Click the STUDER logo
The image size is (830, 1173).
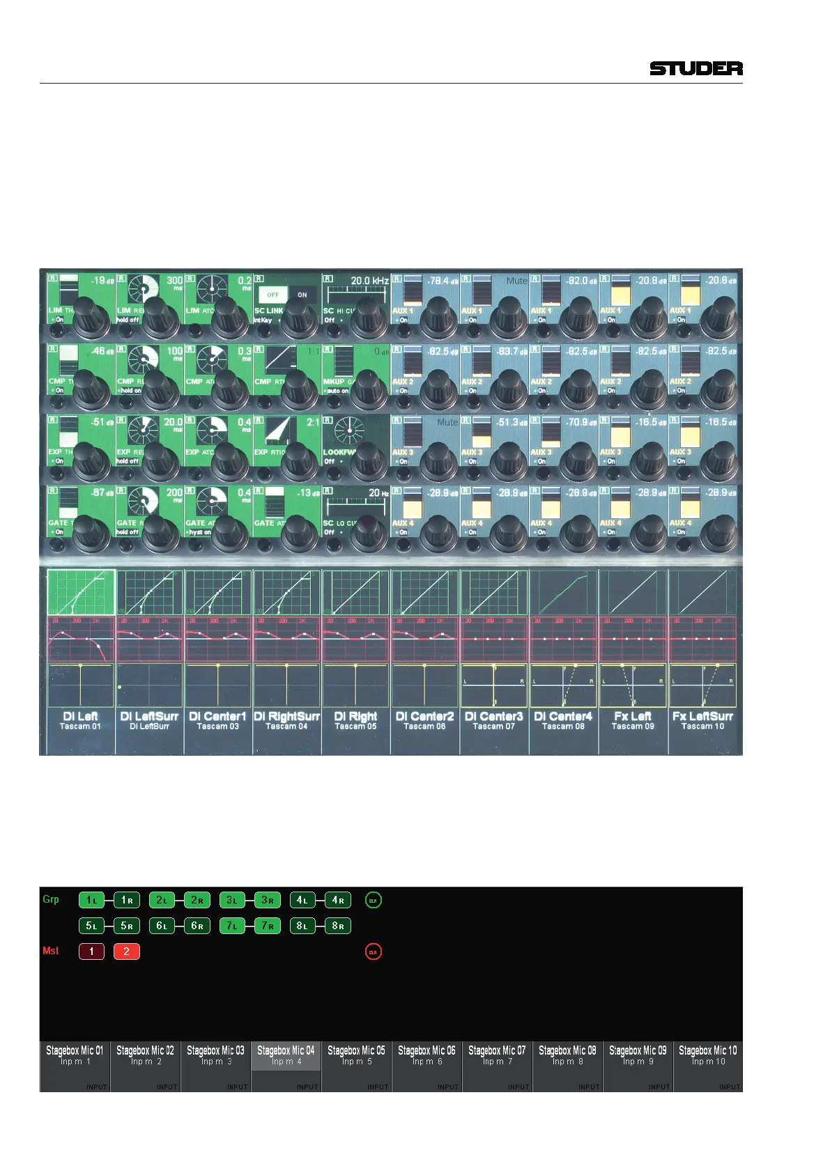click(695, 68)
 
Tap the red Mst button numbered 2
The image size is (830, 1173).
click(126, 951)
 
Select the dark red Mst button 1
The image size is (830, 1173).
click(91, 951)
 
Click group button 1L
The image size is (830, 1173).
click(91, 900)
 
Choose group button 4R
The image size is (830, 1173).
click(337, 900)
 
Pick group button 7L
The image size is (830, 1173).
click(232, 926)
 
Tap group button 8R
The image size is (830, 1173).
click(337, 926)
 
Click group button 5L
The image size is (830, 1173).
click(91, 926)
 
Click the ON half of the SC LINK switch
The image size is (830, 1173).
click(302, 295)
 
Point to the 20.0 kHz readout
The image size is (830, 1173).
click(369, 281)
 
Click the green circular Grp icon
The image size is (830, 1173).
click(373, 900)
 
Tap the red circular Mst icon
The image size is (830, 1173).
click(373, 951)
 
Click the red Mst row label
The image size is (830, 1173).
click(51, 951)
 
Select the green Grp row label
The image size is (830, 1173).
click(51, 899)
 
